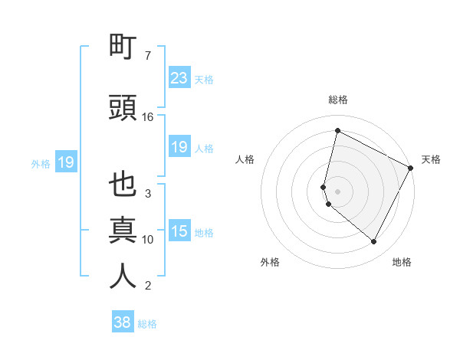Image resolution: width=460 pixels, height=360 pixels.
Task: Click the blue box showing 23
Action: (179, 78)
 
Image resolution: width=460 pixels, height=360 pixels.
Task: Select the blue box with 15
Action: (179, 231)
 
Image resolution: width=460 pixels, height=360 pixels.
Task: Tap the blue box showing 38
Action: (123, 322)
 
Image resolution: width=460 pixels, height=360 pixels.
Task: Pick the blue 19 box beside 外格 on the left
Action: (65, 162)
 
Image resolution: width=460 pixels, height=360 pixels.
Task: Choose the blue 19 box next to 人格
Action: (179, 147)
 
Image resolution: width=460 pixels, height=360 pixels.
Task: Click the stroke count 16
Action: (148, 117)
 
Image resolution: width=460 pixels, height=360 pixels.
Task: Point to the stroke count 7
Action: (148, 56)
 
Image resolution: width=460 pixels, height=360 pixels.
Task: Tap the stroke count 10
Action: (148, 240)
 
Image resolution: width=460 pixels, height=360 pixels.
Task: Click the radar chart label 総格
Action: (338, 100)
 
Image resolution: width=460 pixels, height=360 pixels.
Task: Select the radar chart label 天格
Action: (432, 159)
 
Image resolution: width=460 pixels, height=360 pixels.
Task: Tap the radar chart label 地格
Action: (402, 262)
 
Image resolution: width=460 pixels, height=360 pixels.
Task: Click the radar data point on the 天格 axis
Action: (411, 167)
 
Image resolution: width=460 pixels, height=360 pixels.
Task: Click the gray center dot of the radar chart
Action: (338, 191)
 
